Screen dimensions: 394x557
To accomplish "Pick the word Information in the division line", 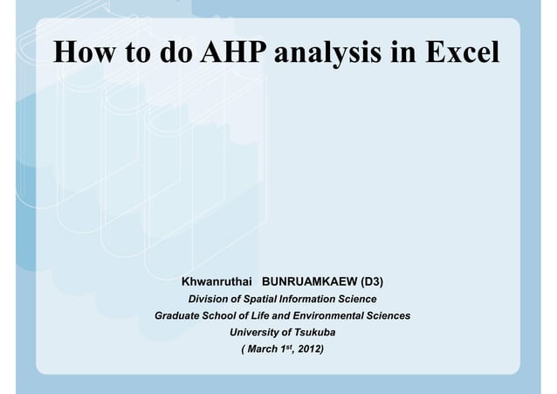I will [x=320, y=300].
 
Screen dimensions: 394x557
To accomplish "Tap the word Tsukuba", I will [x=313, y=333].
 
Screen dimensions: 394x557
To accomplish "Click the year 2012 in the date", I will [x=308, y=350].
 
